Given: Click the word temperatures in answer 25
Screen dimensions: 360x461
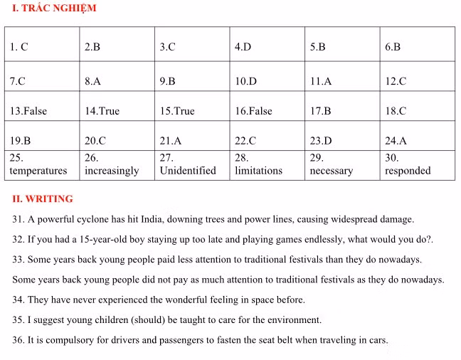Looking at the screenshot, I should tap(38, 171).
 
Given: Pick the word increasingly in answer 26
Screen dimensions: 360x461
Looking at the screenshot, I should tap(112, 171).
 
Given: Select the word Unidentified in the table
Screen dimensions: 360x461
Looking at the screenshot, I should tap(188, 171).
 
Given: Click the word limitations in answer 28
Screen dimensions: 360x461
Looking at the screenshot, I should tap(258, 171).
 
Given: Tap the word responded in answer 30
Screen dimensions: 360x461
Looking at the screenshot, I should tap(408, 171).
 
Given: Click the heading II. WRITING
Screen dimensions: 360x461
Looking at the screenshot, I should tap(43, 199).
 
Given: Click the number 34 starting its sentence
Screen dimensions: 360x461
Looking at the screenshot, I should tap(18, 300).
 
